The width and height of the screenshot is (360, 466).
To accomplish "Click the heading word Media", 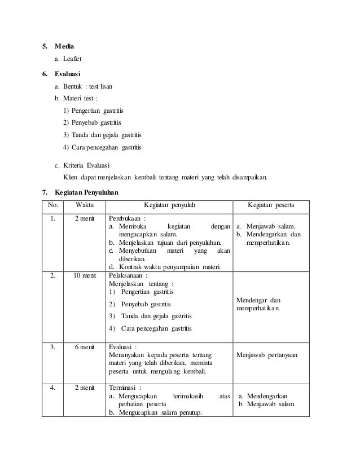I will click(x=64, y=46).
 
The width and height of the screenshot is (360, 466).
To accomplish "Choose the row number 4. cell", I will click(x=53, y=389).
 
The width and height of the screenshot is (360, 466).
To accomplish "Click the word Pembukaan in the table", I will click(x=125, y=218).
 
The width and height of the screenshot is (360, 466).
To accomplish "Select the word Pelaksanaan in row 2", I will click(x=126, y=276).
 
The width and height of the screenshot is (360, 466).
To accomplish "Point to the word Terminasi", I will click(x=124, y=389).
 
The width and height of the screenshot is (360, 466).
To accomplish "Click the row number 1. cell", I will click(x=53, y=218).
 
